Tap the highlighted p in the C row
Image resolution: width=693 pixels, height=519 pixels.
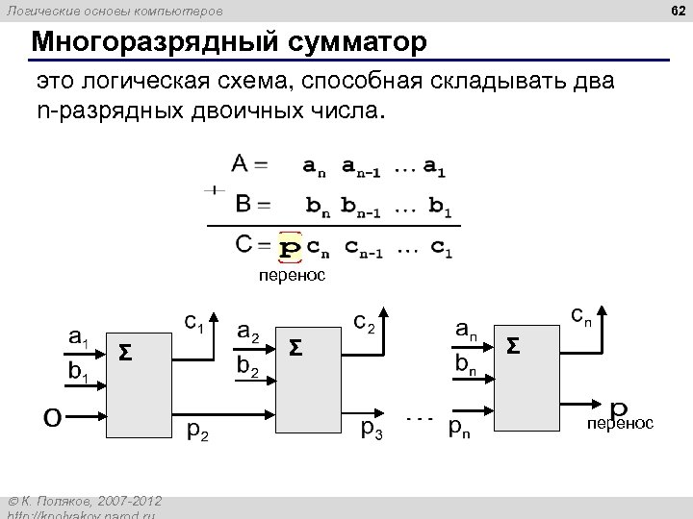[289, 249]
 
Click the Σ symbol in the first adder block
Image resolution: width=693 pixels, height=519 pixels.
[125, 353]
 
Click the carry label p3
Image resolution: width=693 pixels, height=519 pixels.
[371, 429]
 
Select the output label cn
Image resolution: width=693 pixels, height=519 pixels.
[581, 314]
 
